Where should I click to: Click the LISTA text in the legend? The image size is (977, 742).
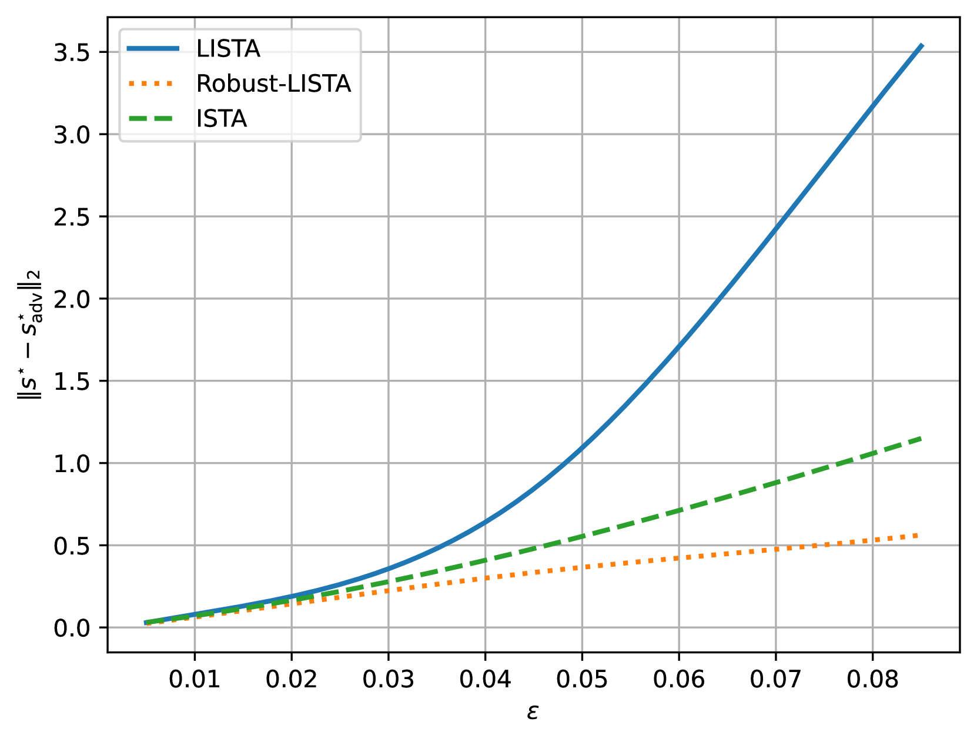(x=228, y=49)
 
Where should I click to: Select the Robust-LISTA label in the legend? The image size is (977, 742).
(x=273, y=84)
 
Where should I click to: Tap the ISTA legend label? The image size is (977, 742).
(x=221, y=119)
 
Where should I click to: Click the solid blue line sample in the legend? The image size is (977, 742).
(x=153, y=49)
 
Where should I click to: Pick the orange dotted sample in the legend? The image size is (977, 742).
(x=151, y=84)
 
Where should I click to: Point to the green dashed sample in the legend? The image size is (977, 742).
(x=151, y=119)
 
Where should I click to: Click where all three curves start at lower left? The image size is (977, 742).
(x=146, y=623)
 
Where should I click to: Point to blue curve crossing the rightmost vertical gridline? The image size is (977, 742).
(x=873, y=105)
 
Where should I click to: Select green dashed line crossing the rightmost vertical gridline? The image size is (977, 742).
(x=873, y=453)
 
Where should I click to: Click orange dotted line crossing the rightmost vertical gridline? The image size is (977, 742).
(x=873, y=540)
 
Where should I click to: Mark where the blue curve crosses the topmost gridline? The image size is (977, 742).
(x=916, y=52)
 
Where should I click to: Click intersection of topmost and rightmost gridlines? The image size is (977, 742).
(x=873, y=52)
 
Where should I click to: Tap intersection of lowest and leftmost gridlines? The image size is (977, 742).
(x=195, y=627)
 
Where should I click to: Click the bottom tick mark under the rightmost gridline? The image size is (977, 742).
(x=873, y=647)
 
